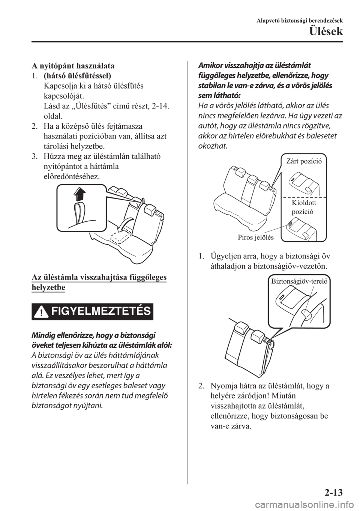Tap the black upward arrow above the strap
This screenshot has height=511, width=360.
pyautogui.click(x=79, y=194)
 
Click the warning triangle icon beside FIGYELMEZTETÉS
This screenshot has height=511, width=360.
pyautogui.click(x=42, y=312)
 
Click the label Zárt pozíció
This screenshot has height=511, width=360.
pyautogui.click(x=304, y=161)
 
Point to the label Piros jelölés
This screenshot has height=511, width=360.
pyautogui.click(x=256, y=237)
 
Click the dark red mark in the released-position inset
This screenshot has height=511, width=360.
pyautogui.click(x=289, y=224)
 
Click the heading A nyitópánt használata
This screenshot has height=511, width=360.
pyautogui.click(x=73, y=66)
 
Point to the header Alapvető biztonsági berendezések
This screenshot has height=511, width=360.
pyautogui.click(x=300, y=21)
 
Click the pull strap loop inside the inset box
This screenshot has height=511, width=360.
pyautogui.click(x=79, y=212)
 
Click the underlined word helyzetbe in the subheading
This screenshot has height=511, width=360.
pyautogui.click(x=48, y=287)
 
